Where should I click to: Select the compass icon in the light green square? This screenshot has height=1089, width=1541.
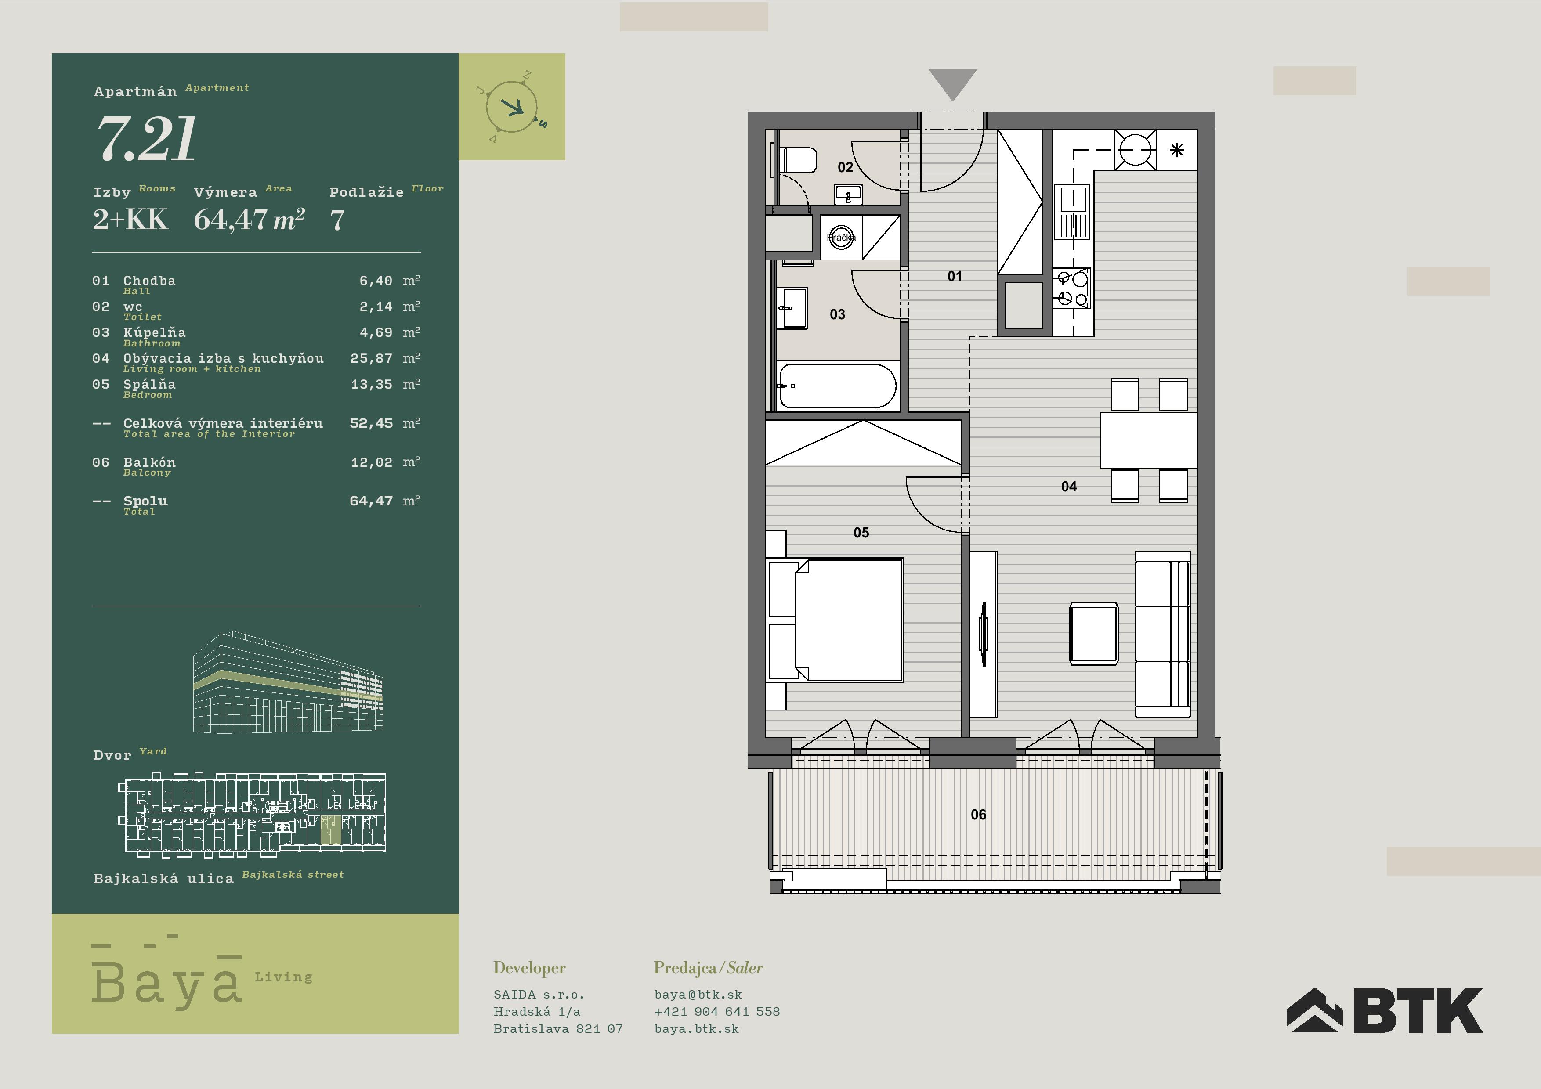511,107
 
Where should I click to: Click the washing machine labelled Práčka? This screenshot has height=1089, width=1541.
841,237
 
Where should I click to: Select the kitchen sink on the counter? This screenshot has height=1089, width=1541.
1073,213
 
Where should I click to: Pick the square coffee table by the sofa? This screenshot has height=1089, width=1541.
1094,633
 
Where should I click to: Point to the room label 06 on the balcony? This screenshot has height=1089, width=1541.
979,815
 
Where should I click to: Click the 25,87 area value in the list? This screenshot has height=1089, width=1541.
371,358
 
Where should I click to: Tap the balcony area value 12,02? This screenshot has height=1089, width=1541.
371,462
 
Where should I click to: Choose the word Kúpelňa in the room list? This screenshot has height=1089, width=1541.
154,332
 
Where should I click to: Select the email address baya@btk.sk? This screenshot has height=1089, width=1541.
698,995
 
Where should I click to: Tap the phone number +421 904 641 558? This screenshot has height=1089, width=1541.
717,1011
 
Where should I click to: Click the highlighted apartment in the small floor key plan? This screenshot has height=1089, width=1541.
330,829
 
